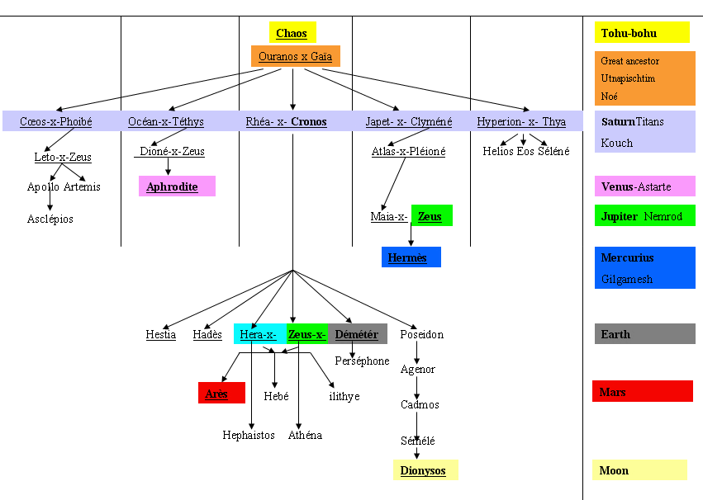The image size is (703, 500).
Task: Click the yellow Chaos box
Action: point(292,33)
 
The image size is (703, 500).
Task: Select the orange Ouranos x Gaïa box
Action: point(296,56)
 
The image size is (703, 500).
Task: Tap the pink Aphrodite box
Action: point(176,186)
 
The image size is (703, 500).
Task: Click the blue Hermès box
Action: point(411,257)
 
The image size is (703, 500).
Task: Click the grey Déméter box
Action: point(357,334)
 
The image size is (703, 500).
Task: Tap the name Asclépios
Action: point(50,219)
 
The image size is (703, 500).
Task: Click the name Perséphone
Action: point(362,361)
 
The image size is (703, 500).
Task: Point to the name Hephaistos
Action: point(249,435)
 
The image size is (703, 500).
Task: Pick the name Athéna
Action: point(305,435)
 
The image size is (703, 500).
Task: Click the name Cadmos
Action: point(420,405)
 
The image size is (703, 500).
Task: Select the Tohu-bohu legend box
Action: point(642,33)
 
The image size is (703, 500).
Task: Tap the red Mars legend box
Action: point(642,391)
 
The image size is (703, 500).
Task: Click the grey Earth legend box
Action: point(644,334)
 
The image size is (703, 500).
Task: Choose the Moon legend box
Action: point(639,470)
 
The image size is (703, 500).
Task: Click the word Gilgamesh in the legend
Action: point(627,279)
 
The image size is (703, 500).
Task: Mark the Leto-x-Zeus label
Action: point(63,157)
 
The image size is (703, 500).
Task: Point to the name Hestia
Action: point(161,334)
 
